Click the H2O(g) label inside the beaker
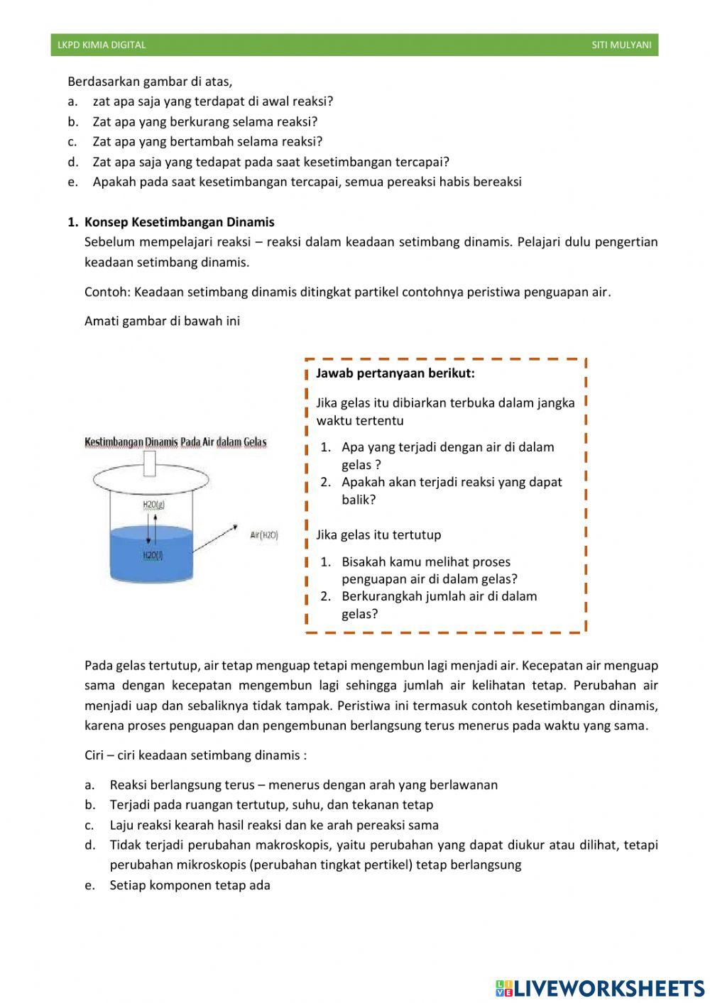tap(153, 505)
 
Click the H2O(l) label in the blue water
tap(153, 555)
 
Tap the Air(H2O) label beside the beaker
tap(263, 535)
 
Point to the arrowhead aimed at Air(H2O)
tap(234, 527)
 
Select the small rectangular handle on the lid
tap(150, 464)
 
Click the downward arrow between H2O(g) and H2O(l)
tap(148, 530)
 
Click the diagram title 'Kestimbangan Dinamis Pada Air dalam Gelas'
tap(175, 442)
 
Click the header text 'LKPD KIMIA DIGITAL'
tap(102, 45)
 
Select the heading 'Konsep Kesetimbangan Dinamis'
tap(179, 222)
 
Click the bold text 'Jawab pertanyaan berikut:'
tap(395, 373)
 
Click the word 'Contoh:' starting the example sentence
tap(107, 292)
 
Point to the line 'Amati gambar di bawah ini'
tap(162, 321)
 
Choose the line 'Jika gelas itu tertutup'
tap(378, 535)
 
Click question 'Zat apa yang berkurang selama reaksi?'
tap(204, 121)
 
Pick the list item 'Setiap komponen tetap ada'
tap(190, 885)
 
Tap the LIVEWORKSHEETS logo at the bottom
tap(600, 988)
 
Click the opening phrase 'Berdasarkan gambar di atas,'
tap(150, 81)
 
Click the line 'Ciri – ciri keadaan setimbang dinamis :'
tap(195, 755)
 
